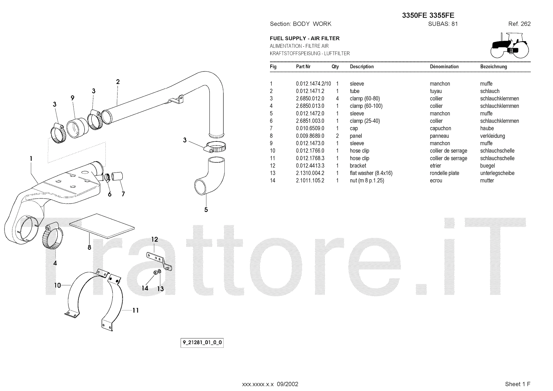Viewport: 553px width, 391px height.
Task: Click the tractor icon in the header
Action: click(x=509, y=45)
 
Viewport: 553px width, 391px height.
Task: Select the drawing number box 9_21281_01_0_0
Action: click(x=202, y=342)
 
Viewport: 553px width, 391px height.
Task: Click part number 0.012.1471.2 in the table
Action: click(x=310, y=91)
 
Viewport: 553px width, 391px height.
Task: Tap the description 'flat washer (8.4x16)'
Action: click(x=371, y=173)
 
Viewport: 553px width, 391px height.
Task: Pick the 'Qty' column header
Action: click(x=335, y=67)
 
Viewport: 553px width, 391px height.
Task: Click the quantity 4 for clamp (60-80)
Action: click(x=337, y=99)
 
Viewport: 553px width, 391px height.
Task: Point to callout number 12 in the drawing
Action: click(x=154, y=239)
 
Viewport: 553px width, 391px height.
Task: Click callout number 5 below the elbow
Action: click(x=206, y=210)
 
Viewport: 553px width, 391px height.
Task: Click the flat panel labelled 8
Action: click(x=102, y=226)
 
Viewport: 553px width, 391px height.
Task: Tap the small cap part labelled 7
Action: click(x=117, y=176)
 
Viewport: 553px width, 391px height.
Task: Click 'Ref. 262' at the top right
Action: click(x=519, y=24)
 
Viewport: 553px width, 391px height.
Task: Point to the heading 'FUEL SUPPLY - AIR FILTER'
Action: click(x=304, y=38)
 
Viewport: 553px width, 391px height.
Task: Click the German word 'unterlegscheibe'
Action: click(x=497, y=173)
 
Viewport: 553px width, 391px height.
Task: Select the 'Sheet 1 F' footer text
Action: click(x=517, y=384)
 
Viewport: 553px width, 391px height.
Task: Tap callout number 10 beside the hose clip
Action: click(x=57, y=285)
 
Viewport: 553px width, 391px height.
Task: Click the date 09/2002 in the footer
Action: click(x=287, y=384)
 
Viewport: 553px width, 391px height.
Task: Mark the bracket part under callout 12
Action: click(x=159, y=261)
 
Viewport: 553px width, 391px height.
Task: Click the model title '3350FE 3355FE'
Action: click(x=428, y=15)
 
